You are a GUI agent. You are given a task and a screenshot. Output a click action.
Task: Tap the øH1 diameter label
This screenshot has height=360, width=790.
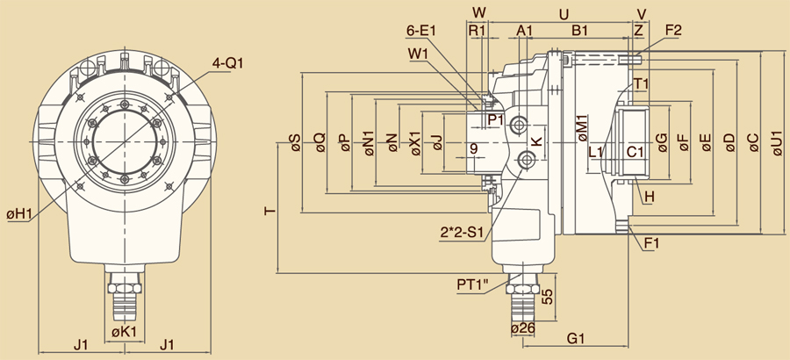click(19, 213)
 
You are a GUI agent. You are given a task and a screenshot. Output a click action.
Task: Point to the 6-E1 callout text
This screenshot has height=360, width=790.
click(421, 31)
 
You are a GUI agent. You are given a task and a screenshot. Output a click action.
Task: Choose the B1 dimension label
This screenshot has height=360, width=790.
click(580, 31)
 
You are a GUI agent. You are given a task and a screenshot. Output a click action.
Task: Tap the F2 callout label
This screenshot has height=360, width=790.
click(673, 31)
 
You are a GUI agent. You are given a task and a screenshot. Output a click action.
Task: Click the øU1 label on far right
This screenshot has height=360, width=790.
click(776, 143)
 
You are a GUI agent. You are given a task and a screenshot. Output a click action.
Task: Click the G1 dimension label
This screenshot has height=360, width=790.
click(577, 337)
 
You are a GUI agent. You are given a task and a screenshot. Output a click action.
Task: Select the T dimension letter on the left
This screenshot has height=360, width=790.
click(269, 212)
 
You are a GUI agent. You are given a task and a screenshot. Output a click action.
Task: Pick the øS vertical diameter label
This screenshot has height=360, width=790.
click(295, 143)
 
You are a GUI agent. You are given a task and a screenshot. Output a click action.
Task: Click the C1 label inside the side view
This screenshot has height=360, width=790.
click(636, 152)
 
